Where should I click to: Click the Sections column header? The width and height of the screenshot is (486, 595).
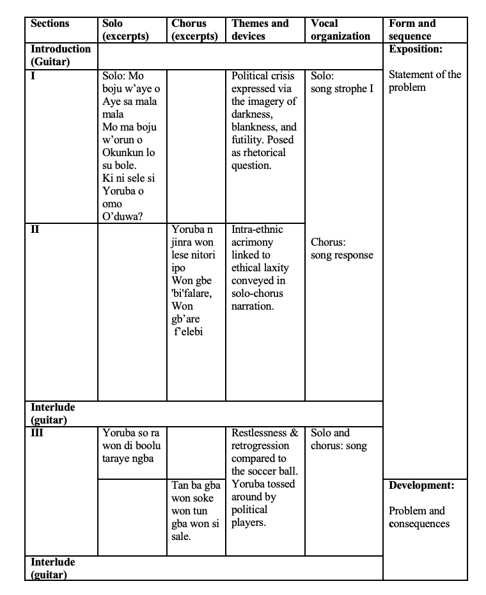(50, 24)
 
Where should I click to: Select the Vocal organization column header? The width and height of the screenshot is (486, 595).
(340, 30)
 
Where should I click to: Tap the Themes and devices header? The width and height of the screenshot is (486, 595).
(260, 30)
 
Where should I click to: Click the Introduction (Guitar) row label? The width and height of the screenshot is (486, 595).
(61, 55)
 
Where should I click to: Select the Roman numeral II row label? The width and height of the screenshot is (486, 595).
(36, 229)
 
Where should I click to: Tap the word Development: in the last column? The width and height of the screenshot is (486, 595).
(421, 486)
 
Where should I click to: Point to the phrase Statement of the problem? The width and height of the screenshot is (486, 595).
(425, 81)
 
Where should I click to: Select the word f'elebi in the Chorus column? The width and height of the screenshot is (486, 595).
(189, 331)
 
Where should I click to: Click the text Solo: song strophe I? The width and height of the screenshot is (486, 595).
(341, 82)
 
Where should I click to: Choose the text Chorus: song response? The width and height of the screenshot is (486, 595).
(341, 248)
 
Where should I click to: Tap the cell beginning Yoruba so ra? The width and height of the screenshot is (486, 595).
(131, 446)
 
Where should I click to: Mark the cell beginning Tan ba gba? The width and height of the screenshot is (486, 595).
(195, 511)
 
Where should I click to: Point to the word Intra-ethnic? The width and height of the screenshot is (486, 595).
(257, 229)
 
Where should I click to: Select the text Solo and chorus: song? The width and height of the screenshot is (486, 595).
(339, 440)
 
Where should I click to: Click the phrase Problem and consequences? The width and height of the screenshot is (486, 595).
(419, 517)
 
